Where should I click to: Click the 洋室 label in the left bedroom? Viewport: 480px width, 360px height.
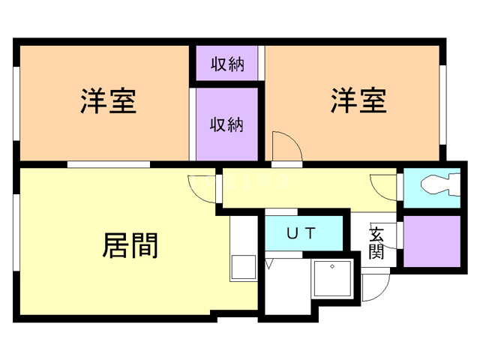point(108,101)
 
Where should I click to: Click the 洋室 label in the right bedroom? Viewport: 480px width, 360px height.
point(358,101)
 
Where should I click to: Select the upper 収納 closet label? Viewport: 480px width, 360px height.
point(226,64)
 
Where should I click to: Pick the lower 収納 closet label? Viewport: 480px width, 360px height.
point(226,124)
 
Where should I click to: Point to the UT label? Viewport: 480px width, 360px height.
point(303,232)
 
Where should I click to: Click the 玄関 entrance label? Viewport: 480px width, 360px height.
point(376,242)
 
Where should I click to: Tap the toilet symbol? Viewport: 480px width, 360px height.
point(434,184)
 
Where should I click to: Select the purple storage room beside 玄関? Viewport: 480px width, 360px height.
point(433,241)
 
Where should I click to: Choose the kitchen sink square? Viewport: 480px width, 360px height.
point(242,267)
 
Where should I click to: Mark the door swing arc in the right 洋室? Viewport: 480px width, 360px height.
point(285,146)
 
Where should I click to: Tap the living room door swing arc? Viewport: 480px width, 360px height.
point(201,187)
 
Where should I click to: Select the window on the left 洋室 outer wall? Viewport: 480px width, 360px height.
point(16,101)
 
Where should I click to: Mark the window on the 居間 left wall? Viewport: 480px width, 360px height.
point(16,233)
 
